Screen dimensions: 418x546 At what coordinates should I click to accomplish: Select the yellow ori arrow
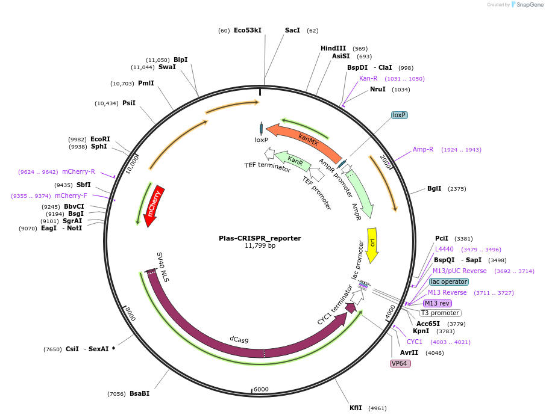click(372, 244)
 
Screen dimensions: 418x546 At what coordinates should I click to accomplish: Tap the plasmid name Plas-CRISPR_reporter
click(260, 238)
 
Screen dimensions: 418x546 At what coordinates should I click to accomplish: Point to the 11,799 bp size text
click(260, 246)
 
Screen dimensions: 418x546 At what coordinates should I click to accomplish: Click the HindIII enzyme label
click(333, 49)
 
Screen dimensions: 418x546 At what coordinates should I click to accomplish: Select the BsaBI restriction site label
click(139, 394)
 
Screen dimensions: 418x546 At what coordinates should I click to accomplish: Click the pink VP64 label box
click(401, 363)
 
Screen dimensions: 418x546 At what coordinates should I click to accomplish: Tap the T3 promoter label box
click(441, 313)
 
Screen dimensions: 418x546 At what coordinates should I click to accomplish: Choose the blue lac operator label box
click(449, 281)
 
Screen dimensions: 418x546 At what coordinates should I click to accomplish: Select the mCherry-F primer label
click(71, 196)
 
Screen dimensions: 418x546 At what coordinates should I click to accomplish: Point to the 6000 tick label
click(261, 390)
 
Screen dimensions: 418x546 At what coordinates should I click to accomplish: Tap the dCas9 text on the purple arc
click(239, 340)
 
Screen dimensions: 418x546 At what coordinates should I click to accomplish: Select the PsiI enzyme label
click(129, 103)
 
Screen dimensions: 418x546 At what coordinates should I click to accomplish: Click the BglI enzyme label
click(435, 189)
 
